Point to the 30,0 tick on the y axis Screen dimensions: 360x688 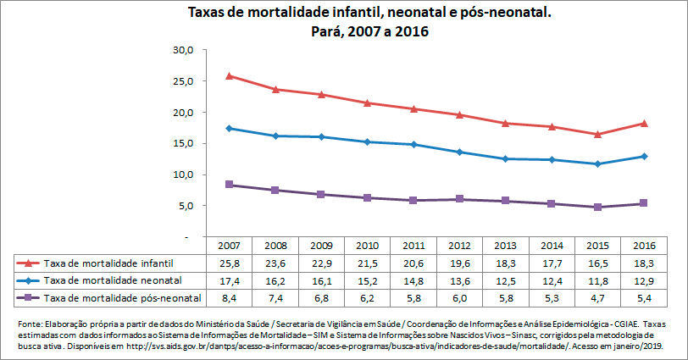click(x=184, y=50)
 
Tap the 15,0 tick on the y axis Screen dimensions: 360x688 click(x=184, y=143)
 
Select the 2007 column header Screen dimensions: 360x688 click(x=228, y=246)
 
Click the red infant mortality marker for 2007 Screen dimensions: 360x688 click(x=228, y=76)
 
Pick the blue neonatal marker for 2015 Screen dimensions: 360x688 click(x=597, y=163)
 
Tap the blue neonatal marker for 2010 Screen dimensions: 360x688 click(x=366, y=142)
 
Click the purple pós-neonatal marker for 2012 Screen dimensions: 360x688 click(x=458, y=199)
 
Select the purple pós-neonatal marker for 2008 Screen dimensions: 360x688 click(x=274, y=191)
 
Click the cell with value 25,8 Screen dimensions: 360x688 click(x=228, y=263)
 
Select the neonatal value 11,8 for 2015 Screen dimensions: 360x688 click(x=597, y=280)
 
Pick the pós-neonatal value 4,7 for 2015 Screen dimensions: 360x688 click(x=597, y=297)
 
